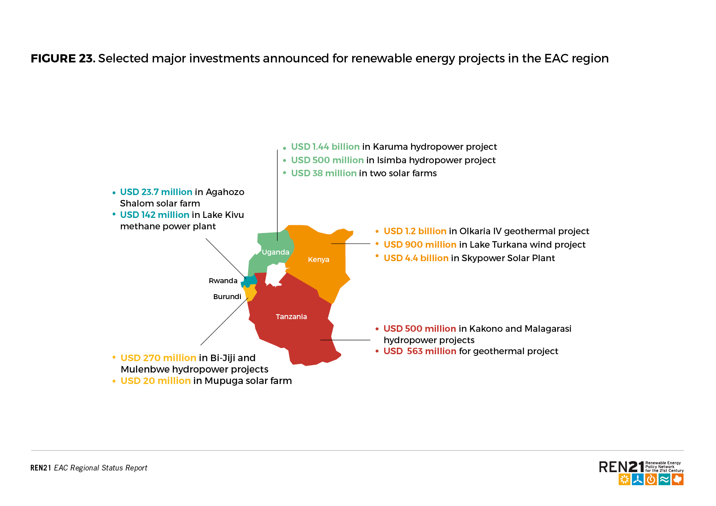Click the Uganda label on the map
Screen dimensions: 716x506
tap(276, 252)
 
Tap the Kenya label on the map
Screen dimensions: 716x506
tap(318, 260)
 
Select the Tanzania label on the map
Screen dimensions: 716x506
tap(291, 317)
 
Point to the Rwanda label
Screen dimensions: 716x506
tap(223, 281)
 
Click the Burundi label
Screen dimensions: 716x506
tap(227, 297)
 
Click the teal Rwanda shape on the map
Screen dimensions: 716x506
tap(249, 281)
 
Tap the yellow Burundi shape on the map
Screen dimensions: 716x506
tap(250, 293)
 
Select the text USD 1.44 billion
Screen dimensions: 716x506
tap(325, 147)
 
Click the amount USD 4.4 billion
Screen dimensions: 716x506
tap(416, 258)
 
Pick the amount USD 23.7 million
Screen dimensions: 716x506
tap(156, 192)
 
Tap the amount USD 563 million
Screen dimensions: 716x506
tap(420, 351)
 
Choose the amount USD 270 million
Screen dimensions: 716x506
tap(158, 358)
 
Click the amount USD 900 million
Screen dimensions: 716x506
tap(420, 245)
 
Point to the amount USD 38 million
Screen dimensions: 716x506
tap(324, 173)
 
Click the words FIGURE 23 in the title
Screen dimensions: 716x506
tap(62, 58)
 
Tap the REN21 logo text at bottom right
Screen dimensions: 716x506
tap(621, 467)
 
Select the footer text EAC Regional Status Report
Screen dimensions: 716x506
tap(100, 468)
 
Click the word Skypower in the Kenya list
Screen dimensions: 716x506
tap(483, 259)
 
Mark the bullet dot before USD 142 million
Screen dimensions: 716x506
tap(114, 214)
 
